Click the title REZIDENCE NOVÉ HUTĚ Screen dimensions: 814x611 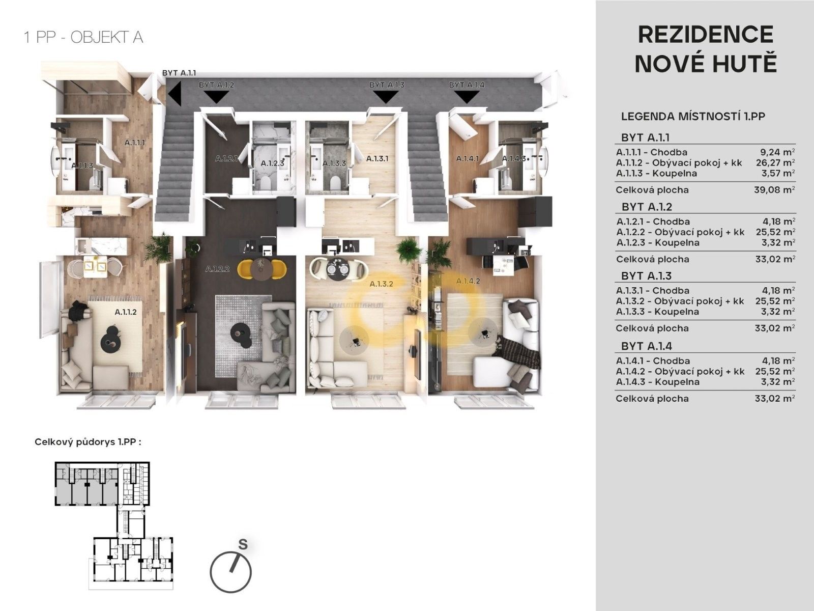coord(706,49)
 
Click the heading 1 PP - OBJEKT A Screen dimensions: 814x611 coord(83,38)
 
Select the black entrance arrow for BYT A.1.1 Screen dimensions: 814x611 coord(175,94)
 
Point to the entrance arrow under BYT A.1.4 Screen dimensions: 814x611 coord(467,97)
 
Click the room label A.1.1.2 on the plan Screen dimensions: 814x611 coord(126,312)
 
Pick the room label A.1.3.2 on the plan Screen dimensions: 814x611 coord(381,284)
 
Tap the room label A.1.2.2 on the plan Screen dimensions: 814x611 coord(218,269)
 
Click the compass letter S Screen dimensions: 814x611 coord(243,544)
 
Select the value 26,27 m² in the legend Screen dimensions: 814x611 coord(775,162)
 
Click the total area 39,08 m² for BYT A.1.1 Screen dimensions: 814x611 coord(775,189)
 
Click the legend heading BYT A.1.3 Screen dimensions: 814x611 coord(647,276)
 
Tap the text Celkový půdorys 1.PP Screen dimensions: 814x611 coord(88,442)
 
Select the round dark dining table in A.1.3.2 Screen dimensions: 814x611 coord(338,268)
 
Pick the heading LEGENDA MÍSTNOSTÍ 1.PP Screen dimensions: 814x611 coord(693,117)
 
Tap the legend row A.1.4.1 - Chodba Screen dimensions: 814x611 coord(653,360)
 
